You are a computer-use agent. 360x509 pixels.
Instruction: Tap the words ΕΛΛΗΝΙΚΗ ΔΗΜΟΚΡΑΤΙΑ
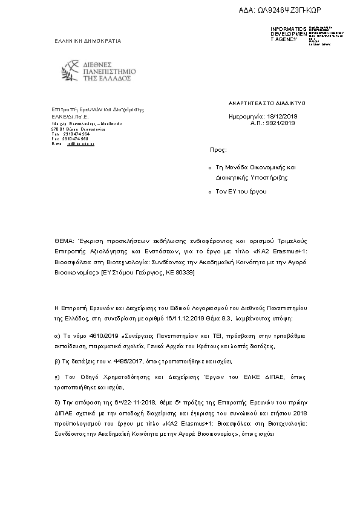88,41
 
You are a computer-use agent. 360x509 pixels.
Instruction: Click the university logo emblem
75,71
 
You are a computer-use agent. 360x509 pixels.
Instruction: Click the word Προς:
218,149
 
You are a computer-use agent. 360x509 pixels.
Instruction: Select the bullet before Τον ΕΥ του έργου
209,192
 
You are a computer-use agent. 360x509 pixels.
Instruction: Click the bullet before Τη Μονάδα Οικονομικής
209,167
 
